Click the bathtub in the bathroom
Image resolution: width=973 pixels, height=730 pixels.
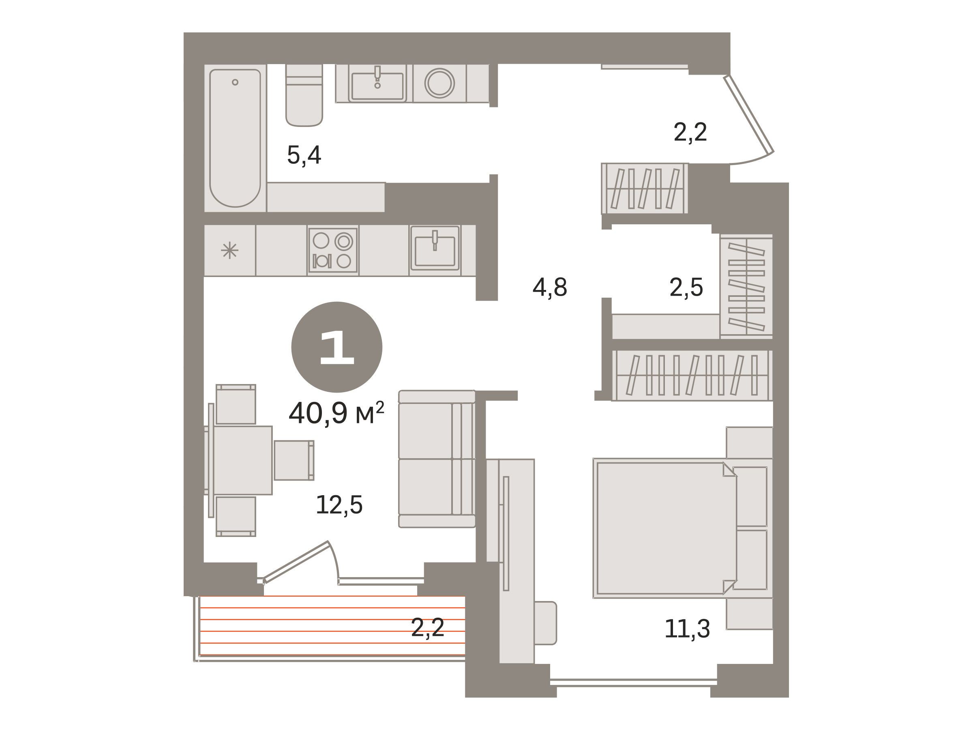pos(235,138)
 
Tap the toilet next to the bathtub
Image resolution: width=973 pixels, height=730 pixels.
pos(304,95)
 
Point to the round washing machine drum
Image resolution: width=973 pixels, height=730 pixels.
pos(439,83)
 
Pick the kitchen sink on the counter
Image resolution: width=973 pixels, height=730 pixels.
pos(435,249)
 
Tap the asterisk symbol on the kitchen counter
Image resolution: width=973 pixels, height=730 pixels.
pos(229,251)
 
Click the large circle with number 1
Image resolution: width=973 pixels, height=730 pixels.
pos(336,347)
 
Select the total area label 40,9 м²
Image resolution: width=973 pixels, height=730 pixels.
pos(336,413)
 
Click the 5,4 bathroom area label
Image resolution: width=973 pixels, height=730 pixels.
pos(304,155)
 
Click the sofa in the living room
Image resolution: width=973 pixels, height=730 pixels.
pos(437,459)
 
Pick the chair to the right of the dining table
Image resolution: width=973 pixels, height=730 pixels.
pos(294,460)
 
